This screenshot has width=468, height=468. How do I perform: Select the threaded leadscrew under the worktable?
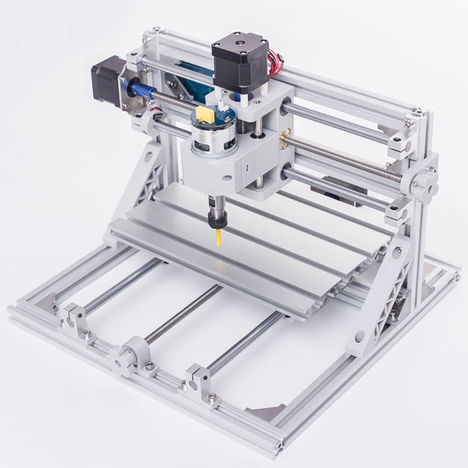point(183,314)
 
